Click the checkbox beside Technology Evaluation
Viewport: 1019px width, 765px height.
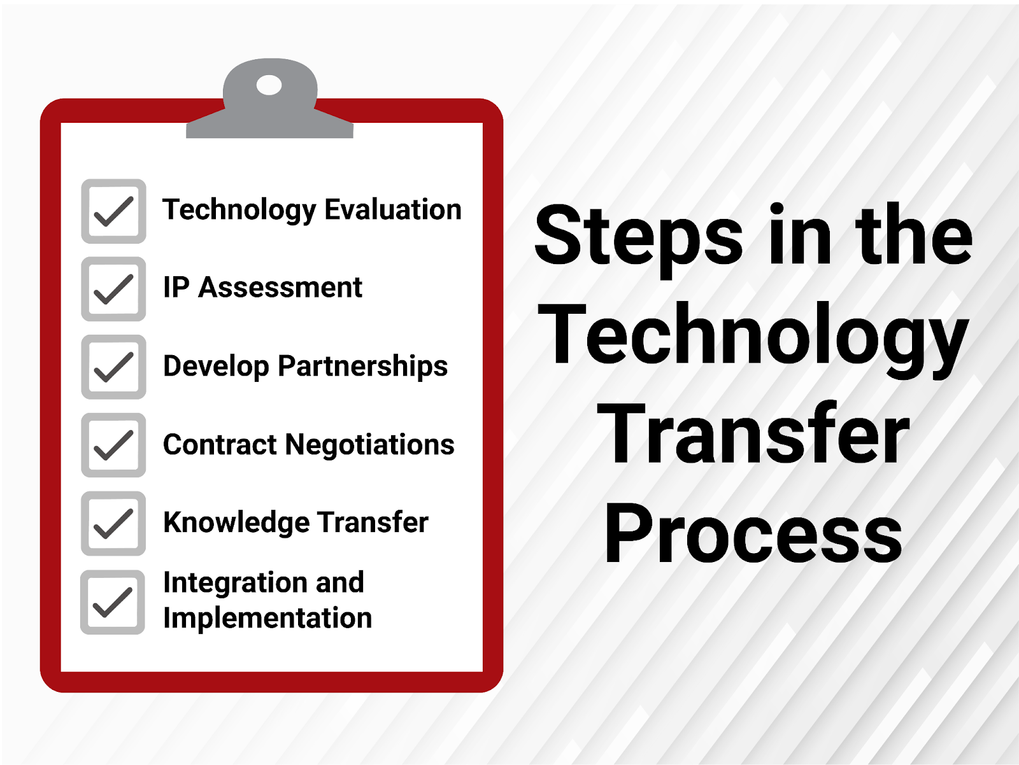click(113, 211)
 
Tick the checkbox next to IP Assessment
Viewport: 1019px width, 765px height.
click(113, 289)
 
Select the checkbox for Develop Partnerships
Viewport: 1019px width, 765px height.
click(113, 367)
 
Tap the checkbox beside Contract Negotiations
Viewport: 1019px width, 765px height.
click(113, 445)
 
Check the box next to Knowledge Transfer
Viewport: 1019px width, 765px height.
click(113, 523)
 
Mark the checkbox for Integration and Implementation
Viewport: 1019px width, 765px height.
click(113, 602)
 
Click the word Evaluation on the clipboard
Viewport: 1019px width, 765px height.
click(393, 209)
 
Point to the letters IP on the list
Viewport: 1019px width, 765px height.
click(176, 288)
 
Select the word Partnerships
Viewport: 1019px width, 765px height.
click(362, 367)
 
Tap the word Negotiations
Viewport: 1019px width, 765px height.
click(369, 444)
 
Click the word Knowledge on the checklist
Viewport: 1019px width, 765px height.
click(236, 523)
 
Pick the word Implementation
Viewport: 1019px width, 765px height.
click(267, 618)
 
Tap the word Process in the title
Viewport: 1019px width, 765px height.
click(753, 533)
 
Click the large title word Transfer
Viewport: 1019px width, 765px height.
click(753, 434)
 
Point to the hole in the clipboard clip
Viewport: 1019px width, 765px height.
click(269, 85)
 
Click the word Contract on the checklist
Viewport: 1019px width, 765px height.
click(220, 444)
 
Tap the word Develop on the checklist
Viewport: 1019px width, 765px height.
click(216, 367)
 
